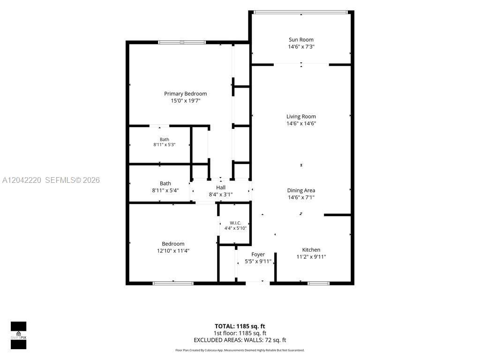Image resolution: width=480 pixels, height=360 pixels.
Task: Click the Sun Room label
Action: pyautogui.click(x=301, y=39)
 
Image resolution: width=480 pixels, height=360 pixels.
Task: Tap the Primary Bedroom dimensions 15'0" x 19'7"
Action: pyautogui.click(x=186, y=101)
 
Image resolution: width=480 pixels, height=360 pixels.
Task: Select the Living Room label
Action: pyautogui.click(x=301, y=116)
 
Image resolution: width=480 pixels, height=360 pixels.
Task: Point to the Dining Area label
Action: pyautogui.click(x=301, y=190)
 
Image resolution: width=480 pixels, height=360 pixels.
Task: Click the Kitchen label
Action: pyautogui.click(x=311, y=250)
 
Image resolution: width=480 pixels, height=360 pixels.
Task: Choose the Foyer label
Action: pyautogui.click(x=258, y=255)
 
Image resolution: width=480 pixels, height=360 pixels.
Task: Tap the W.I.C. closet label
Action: pyautogui.click(x=235, y=223)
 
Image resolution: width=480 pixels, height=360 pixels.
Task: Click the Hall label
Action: pyautogui.click(x=221, y=187)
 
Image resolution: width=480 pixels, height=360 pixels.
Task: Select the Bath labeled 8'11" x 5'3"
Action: pyautogui.click(x=165, y=142)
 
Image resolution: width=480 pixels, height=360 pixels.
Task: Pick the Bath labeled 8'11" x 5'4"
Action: pyautogui.click(x=165, y=187)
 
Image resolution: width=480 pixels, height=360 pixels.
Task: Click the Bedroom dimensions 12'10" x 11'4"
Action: pyautogui.click(x=173, y=251)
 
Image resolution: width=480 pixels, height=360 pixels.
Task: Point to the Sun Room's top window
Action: pyautogui.click(x=301, y=13)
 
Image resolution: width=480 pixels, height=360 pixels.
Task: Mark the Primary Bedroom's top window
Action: pyautogui.click(x=182, y=42)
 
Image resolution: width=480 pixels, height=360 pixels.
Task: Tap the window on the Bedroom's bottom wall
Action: pyautogui.click(x=173, y=284)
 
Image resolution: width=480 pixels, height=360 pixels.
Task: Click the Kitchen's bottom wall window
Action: pyautogui.click(x=318, y=284)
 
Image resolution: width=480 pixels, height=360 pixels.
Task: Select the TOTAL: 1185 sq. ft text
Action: pyautogui.click(x=240, y=326)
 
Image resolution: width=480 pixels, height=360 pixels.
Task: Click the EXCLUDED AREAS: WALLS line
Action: pyautogui.click(x=240, y=340)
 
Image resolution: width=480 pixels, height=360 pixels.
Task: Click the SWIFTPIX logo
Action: pyautogui.click(x=18, y=335)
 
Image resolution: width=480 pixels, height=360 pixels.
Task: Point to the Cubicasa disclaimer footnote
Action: pyautogui.click(x=240, y=350)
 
